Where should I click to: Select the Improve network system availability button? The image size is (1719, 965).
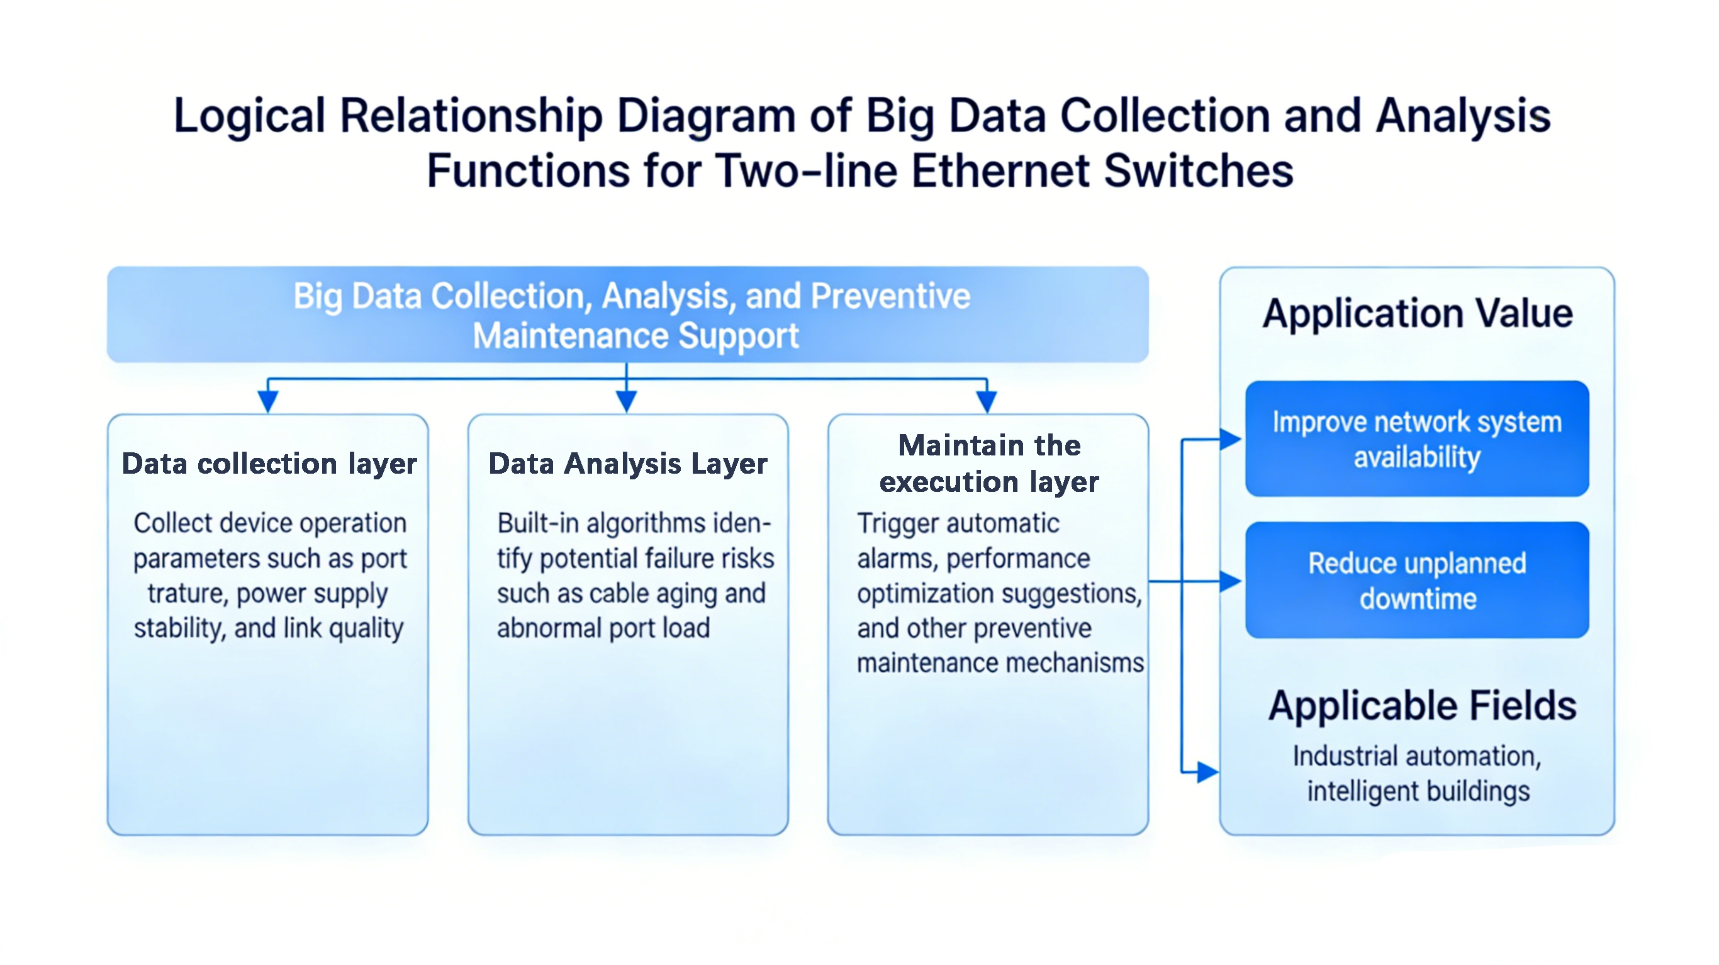click(1417, 439)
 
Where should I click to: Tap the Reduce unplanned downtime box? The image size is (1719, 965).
click(1417, 581)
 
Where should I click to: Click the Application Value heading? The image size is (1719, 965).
click(1418, 314)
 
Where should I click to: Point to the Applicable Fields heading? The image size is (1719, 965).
click(1422, 706)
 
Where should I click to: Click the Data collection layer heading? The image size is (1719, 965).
click(269, 463)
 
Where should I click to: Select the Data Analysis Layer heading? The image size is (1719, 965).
click(628, 463)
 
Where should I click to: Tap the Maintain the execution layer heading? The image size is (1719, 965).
click(989, 463)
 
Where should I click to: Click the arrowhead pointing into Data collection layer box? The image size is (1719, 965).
click(267, 401)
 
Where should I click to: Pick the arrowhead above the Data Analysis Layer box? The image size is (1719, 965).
click(626, 401)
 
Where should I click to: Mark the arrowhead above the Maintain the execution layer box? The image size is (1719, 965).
click(987, 401)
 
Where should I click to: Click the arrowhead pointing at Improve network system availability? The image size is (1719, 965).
click(1230, 439)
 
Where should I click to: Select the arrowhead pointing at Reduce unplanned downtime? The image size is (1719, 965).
click(1230, 581)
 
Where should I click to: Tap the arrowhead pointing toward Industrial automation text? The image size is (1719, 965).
click(1207, 772)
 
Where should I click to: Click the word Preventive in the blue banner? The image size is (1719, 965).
click(890, 296)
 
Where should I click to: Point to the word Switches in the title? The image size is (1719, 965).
click(1199, 171)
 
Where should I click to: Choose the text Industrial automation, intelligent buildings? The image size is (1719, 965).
click(1418, 774)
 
